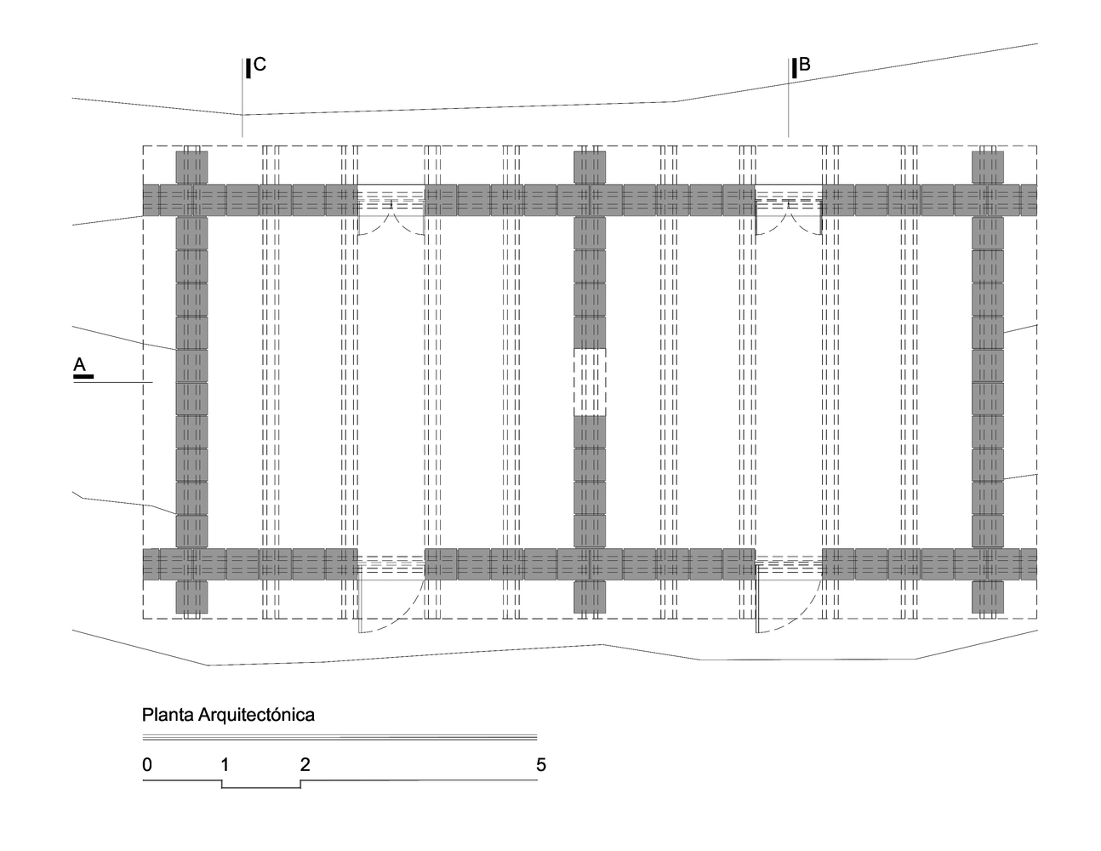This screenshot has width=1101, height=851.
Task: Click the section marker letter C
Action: tap(260, 65)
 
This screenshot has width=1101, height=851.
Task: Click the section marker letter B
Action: tap(805, 65)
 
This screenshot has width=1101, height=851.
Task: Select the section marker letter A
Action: tap(79, 364)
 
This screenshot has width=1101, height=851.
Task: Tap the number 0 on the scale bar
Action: tap(147, 764)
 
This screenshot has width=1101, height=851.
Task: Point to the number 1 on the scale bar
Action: tap(225, 764)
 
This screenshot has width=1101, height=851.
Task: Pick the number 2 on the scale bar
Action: tap(305, 764)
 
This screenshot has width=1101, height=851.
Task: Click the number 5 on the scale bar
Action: tap(541, 764)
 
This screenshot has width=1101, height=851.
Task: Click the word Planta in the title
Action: tap(168, 715)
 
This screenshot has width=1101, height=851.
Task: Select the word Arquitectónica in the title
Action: tap(256, 715)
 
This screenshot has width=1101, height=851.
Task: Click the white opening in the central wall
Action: tap(590, 382)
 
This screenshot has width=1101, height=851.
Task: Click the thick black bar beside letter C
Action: tap(248, 69)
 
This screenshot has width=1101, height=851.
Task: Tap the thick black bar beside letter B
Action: tap(795, 69)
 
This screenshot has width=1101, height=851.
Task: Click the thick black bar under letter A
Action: tap(83, 376)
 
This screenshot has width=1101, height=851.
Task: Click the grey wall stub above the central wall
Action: tap(590, 168)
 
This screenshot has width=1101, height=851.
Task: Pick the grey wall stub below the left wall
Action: tap(191, 597)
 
